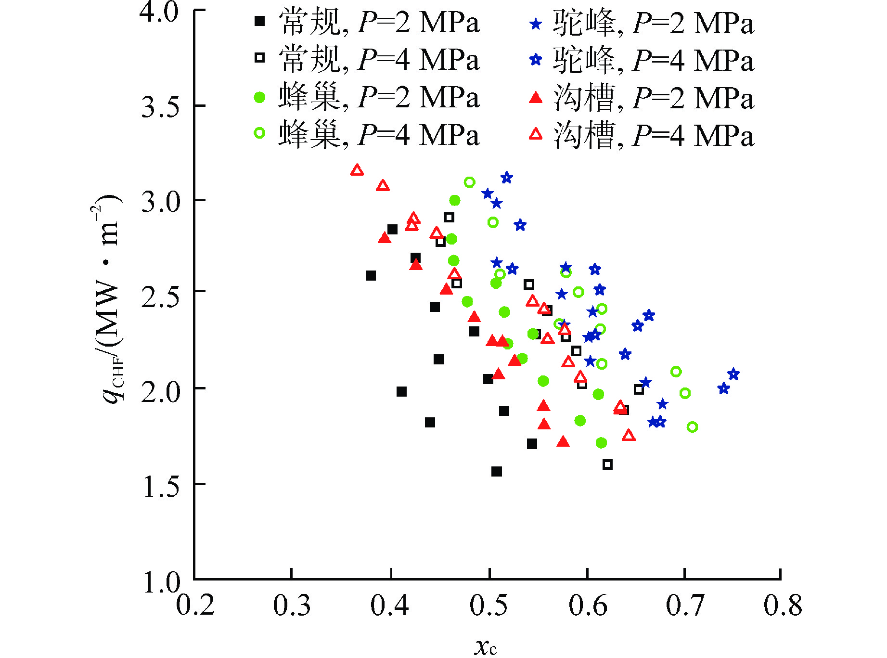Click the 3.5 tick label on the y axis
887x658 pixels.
pos(160,106)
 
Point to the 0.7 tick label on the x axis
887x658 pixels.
pos(685,605)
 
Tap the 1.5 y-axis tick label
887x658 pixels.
pos(160,486)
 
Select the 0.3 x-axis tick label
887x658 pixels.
pos(292,605)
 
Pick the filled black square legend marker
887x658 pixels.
pos(260,21)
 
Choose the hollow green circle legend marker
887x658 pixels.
pos(260,133)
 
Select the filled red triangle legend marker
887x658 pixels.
pos(535,98)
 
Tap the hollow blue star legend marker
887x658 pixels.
pos(535,60)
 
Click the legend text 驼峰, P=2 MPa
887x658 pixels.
pos(653,23)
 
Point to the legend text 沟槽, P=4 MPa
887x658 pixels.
pos(653,135)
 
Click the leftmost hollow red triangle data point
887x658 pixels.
pos(357,170)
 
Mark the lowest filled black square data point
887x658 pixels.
pos(497,471)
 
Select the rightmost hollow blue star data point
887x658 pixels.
pos(733,374)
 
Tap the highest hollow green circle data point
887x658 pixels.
pos(470,182)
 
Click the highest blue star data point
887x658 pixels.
pos(506,178)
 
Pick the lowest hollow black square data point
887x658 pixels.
pos(607,464)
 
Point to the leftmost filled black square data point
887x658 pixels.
pos(371,276)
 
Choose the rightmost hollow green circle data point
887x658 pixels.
pos(692,426)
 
